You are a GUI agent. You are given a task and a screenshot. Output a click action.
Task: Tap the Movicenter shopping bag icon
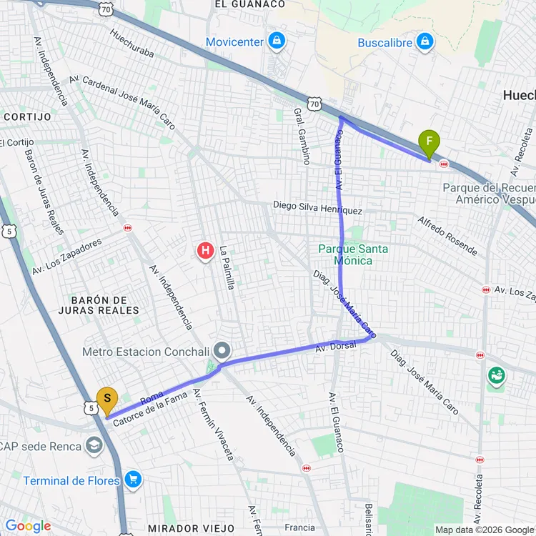coord(275,41)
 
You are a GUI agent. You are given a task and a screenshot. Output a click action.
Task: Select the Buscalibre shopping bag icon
coord(425,41)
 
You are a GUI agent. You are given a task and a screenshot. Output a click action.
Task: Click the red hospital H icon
coord(205,251)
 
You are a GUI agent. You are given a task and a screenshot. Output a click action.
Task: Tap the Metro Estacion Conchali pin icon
coord(223,351)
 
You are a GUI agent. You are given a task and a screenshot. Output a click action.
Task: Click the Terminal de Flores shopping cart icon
coord(133,480)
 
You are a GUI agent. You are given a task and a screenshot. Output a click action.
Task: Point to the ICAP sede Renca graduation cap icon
coord(94,447)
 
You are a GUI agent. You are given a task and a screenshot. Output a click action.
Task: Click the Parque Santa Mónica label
coord(354,254)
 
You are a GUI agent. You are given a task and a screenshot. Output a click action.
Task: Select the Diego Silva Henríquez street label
coord(317,207)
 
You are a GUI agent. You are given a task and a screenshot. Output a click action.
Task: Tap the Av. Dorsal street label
coord(336,347)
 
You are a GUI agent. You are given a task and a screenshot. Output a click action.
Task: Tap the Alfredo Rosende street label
coord(447,235)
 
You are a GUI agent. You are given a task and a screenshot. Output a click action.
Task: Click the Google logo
coord(28,526)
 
